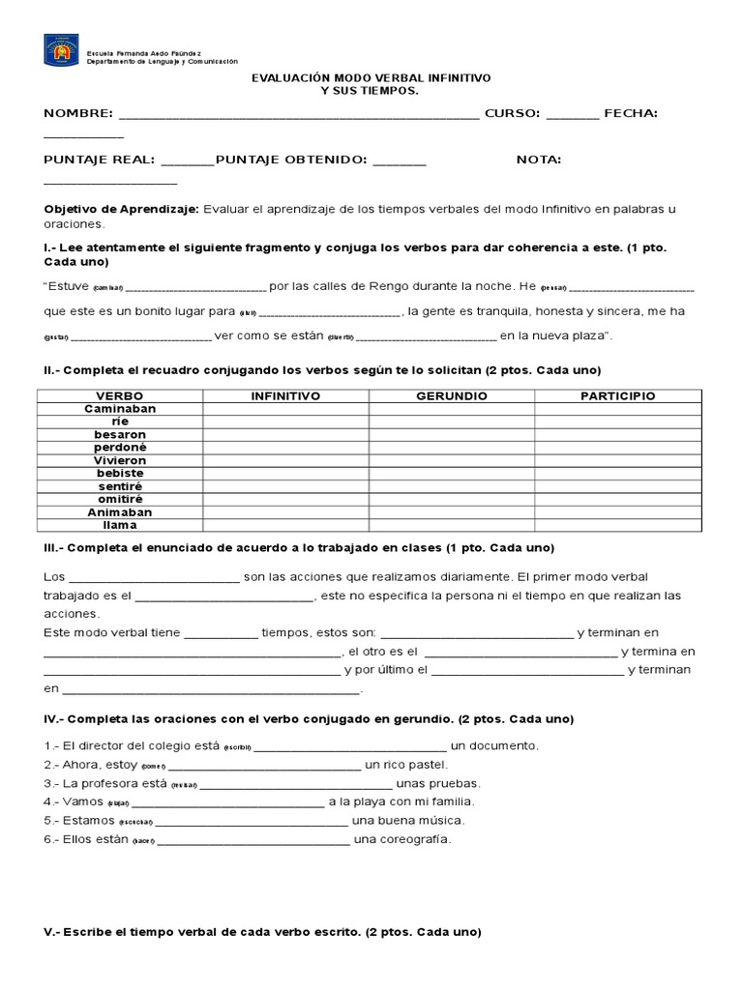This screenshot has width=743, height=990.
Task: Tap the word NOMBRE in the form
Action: click(78, 113)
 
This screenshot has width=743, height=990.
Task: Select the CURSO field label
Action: click(512, 113)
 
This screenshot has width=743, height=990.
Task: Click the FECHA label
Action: click(631, 113)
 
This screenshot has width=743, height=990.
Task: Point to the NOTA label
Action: click(539, 160)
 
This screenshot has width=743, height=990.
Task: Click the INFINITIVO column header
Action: click(285, 396)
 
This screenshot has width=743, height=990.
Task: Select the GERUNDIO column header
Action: click(452, 396)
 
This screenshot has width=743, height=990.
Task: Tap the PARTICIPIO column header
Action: click(617, 396)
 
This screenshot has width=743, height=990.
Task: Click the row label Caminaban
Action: click(120, 409)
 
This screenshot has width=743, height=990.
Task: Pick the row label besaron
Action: click(120, 435)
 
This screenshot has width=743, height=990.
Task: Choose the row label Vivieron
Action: click(120, 461)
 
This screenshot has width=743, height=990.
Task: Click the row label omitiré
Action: click(120, 500)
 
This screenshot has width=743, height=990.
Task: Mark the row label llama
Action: click(120, 526)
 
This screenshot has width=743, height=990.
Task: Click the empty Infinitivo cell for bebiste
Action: click(285, 474)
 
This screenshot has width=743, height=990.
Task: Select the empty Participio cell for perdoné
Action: click(617, 448)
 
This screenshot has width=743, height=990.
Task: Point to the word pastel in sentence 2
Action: click(426, 765)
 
